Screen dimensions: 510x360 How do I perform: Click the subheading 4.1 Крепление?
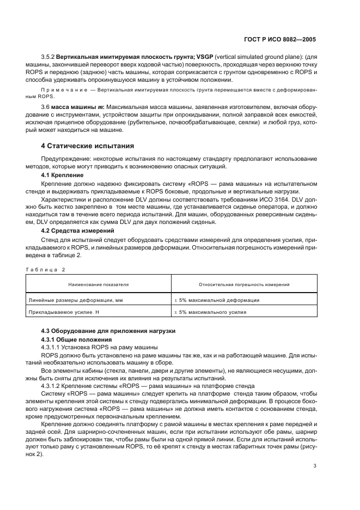[63, 176]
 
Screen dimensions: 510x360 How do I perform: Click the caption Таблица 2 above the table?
[45, 269]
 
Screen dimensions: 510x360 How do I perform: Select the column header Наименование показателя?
[99, 284]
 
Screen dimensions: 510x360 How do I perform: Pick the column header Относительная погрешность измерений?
[245, 284]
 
